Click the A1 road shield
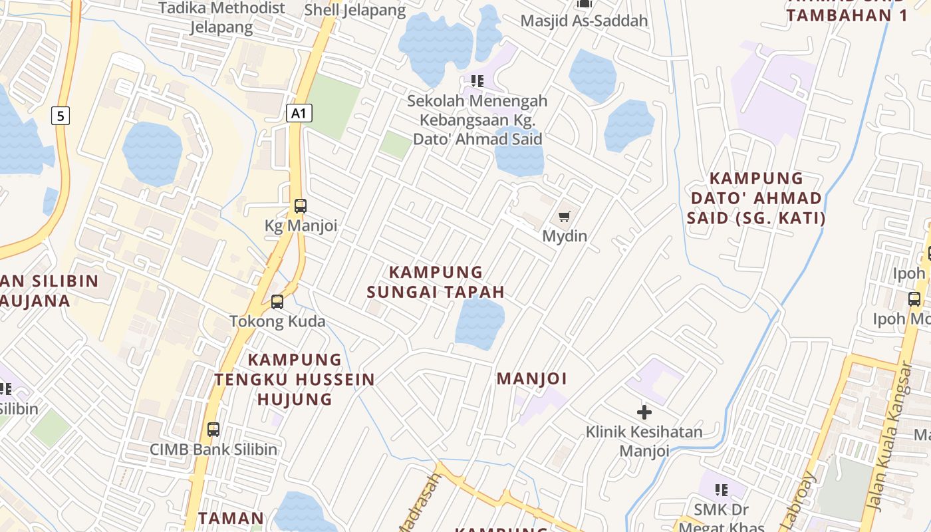point(299,113)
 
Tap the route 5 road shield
point(61,116)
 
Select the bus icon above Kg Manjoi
point(301,206)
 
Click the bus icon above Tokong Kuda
point(277,302)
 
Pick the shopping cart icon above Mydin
point(565,216)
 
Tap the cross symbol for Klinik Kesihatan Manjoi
point(644,412)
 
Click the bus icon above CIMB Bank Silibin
point(213,430)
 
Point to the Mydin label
point(565,236)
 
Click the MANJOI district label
point(532,379)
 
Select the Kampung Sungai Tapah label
point(436,282)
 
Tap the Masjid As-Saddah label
point(584,21)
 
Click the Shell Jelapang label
point(355,11)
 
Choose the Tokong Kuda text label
point(278,322)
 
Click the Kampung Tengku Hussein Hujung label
point(295,379)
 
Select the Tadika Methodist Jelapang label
point(221,18)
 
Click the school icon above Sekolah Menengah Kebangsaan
point(477,81)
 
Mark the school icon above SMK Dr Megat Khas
point(722,490)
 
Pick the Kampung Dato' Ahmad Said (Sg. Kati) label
point(757,198)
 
